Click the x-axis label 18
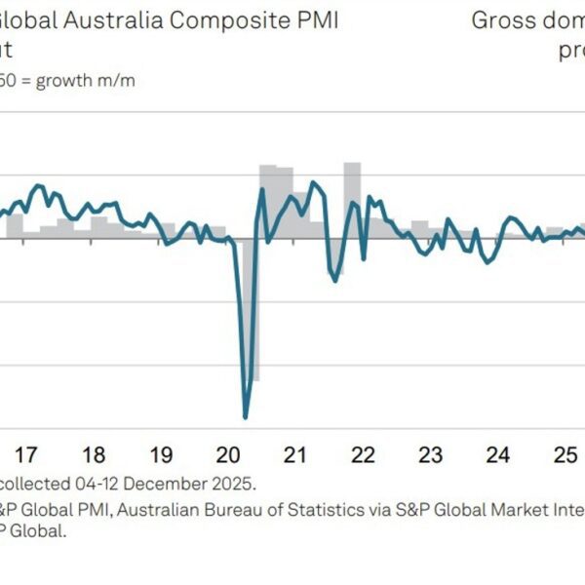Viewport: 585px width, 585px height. tap(94, 454)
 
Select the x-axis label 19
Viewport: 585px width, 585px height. tap(161, 454)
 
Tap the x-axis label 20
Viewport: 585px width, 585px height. tap(228, 454)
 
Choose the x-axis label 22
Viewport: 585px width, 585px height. tap(363, 454)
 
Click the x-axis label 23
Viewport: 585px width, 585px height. tap(430, 454)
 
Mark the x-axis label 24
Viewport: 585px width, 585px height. tap(498, 454)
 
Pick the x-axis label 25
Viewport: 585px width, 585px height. tap(565, 454)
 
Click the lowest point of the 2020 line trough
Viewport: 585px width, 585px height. tap(245, 417)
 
